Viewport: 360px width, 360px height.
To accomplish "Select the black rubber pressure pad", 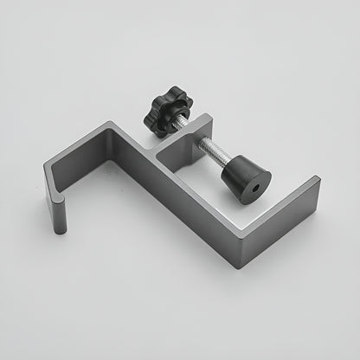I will tap(245, 178).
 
